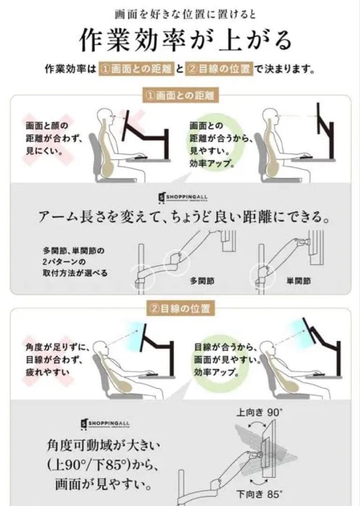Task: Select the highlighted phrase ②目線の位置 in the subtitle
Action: click(219, 69)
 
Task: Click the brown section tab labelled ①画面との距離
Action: click(180, 96)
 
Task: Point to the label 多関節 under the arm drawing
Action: click(202, 281)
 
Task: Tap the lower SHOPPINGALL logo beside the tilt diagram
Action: click(105, 424)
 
